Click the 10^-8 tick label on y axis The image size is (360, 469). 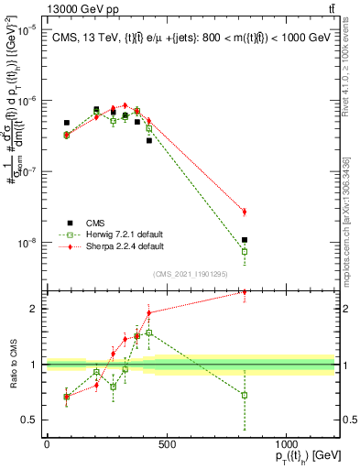point(27,243)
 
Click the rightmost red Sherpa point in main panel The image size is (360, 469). point(245,212)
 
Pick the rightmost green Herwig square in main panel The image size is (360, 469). point(245,251)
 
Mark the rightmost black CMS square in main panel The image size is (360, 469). point(245,240)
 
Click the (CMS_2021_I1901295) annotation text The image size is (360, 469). point(190,274)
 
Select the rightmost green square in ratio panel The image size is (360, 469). point(245,395)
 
